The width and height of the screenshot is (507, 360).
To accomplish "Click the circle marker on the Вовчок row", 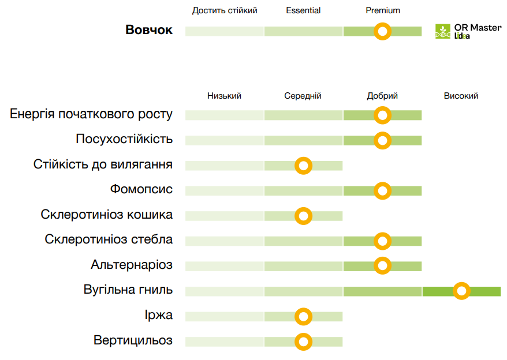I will click(382, 31).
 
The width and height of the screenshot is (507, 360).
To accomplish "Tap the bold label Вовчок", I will click(149, 31).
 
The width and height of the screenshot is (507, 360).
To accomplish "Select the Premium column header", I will click(383, 10).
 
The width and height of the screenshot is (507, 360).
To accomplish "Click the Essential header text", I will click(303, 10).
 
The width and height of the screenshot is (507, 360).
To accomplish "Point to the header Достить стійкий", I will click(225, 10).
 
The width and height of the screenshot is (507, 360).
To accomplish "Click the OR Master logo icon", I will click(443, 32).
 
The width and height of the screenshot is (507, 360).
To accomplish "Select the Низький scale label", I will click(224, 96).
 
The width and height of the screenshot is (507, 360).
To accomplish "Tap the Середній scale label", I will click(303, 96).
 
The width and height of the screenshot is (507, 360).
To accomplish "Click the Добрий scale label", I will click(382, 96).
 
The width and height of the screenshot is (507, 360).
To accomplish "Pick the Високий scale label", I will click(461, 96).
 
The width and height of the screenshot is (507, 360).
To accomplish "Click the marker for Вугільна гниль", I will click(461, 291).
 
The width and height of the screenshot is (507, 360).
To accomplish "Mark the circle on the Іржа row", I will click(303, 317).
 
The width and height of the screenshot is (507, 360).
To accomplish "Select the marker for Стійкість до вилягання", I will click(303, 166).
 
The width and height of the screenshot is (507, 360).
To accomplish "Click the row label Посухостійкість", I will click(124, 140).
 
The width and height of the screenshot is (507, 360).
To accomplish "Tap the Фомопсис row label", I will click(141, 189).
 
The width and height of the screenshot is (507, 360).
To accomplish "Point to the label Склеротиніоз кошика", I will click(107, 215).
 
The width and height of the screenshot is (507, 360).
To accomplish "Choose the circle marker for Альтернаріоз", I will click(382, 266).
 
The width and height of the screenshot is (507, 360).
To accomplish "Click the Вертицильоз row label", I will click(133, 340).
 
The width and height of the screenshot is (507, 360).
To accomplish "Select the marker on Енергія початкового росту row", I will click(382, 115).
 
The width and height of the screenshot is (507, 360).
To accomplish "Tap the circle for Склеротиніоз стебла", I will click(382, 241).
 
